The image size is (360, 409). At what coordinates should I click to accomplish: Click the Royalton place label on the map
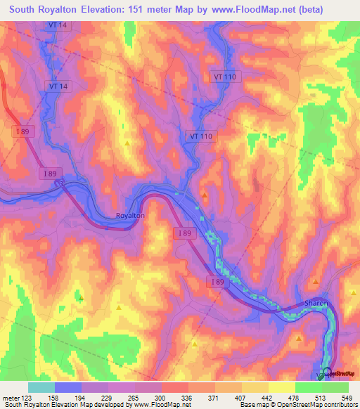coord(129,216)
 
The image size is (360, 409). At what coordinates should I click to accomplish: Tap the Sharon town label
coord(316,303)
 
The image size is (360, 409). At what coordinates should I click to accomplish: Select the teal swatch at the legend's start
coord(41,387)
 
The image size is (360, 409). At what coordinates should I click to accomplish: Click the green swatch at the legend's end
coord(335,387)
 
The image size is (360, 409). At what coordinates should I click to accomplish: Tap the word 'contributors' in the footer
coord(340,405)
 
